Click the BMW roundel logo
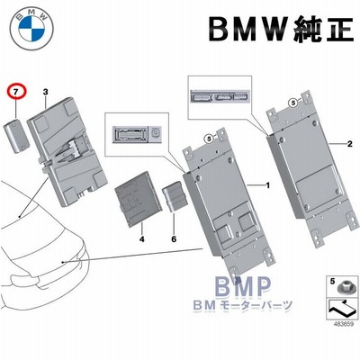pos(31,28)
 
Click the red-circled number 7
pos(17,93)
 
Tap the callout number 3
pos(45,92)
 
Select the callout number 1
pos(268,185)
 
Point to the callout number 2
pos(349,144)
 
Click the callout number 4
pos(142,239)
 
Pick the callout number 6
pos(174,239)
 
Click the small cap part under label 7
pos(16,136)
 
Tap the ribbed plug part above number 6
pos(174,196)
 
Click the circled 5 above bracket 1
pos(209,139)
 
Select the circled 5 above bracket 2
pos(293,103)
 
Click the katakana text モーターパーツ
pos(256,306)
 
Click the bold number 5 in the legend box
pos(332,282)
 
